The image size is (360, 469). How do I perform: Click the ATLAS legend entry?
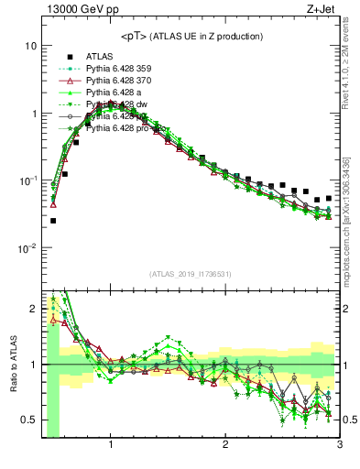click(x=99, y=55)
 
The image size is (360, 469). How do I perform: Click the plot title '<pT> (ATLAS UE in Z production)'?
click(x=191, y=36)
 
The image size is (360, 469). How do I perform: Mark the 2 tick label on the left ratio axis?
click(x=33, y=308)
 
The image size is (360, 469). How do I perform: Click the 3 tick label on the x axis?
click(x=340, y=446)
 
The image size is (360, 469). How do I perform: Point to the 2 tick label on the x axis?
click(x=225, y=446)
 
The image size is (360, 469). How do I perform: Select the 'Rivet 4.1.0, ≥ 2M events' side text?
click(x=351, y=69)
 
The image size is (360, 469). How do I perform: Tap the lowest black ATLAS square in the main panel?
click(x=52, y=221)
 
